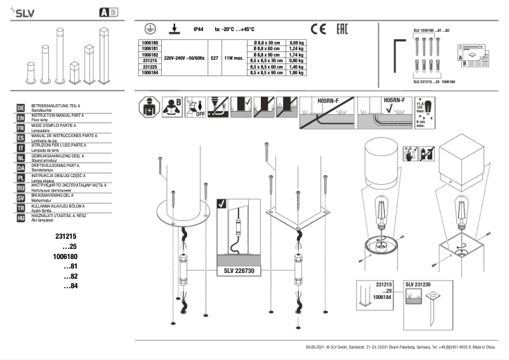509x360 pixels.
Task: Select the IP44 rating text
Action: coord(199,29)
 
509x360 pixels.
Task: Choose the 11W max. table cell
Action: coord(234,58)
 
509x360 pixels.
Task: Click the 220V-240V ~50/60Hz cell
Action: coord(184,58)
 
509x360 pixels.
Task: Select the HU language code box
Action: coord(20,218)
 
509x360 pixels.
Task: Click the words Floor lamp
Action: coord(41,119)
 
